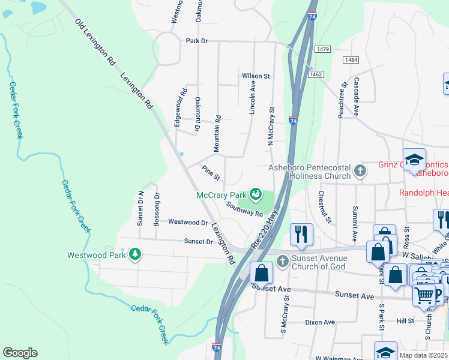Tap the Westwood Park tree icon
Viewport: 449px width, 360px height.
136,254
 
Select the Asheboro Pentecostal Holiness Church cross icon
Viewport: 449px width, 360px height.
360,171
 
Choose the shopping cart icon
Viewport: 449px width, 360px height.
425,293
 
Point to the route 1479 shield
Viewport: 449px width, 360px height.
322,49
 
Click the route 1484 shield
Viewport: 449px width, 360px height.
351,61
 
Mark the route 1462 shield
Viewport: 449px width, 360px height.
316,74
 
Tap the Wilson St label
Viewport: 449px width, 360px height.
256,76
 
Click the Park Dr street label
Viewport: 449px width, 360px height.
196,41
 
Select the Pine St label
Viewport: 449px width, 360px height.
211,173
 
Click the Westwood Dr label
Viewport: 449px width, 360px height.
187,222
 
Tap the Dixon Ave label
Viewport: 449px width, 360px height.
319,322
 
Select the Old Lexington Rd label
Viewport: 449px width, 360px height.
95,41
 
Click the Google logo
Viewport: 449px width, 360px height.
20,353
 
